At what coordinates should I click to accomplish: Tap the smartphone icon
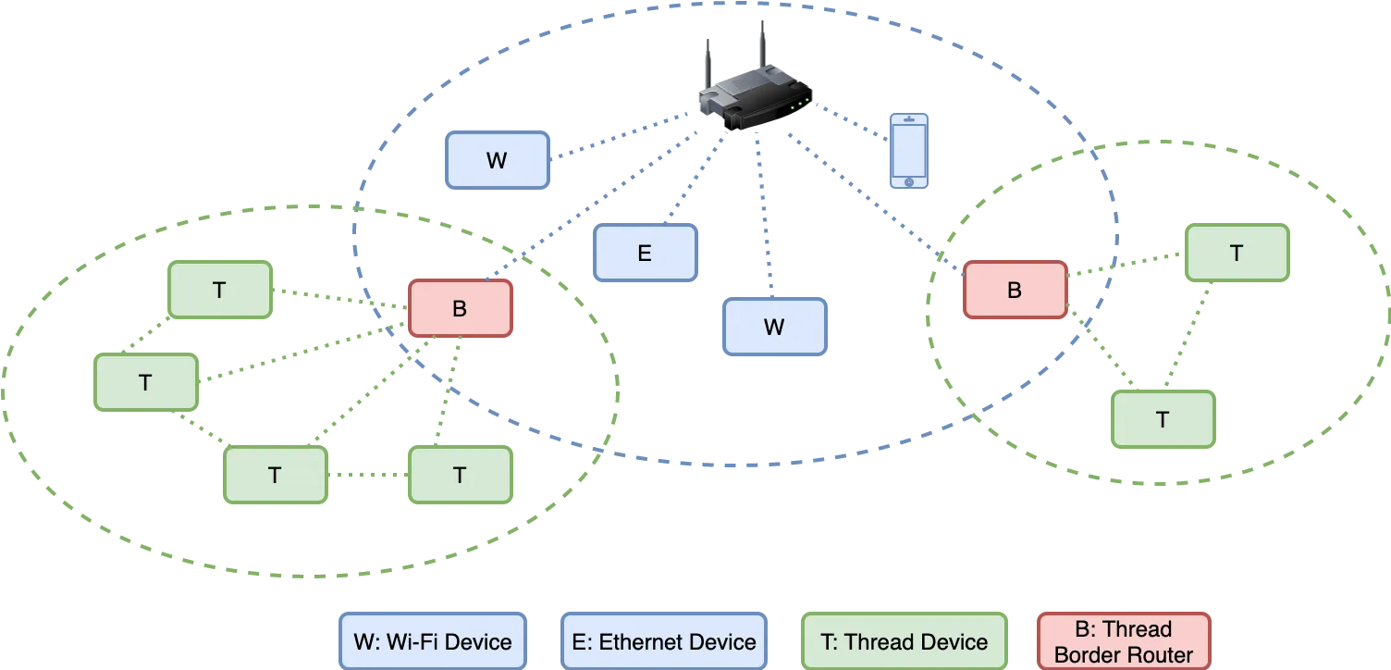pyautogui.click(x=908, y=151)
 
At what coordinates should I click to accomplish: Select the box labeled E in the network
pyautogui.click(x=645, y=253)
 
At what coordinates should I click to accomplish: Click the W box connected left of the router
pyautogui.click(x=497, y=160)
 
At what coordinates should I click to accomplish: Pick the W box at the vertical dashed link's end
pyautogui.click(x=774, y=327)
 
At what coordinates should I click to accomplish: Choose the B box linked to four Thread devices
pyautogui.click(x=460, y=308)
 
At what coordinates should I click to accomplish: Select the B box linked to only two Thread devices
pyautogui.click(x=1015, y=290)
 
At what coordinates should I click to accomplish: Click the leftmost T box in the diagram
pyautogui.click(x=145, y=382)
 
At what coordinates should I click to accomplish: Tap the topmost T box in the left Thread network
pyautogui.click(x=219, y=290)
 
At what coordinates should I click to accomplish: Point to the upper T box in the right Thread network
pyautogui.click(x=1237, y=253)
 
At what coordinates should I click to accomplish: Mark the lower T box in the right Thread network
pyautogui.click(x=1163, y=419)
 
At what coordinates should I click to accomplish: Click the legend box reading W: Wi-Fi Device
pyautogui.click(x=433, y=641)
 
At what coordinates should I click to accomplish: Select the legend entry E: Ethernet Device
pyautogui.click(x=664, y=641)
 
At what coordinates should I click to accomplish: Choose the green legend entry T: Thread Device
pyautogui.click(x=904, y=641)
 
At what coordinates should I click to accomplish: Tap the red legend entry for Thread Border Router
pyautogui.click(x=1124, y=641)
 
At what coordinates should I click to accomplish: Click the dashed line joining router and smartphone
pyautogui.click(x=846, y=126)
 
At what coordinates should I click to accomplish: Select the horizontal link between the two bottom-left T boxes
pyautogui.click(x=368, y=475)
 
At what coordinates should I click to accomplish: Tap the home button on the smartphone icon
pyautogui.click(x=908, y=181)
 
